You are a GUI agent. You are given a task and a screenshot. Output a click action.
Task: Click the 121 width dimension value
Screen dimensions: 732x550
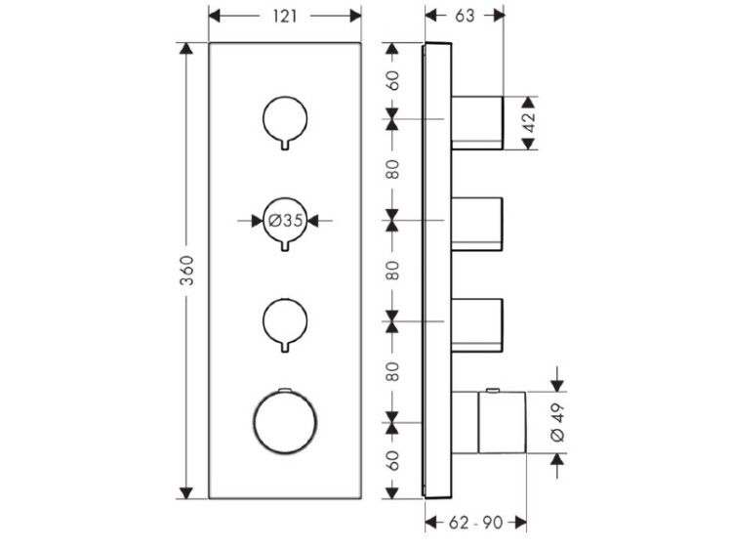pyautogui.click(x=284, y=17)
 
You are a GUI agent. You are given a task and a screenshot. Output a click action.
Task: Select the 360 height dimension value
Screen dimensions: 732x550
pyautogui.click(x=186, y=270)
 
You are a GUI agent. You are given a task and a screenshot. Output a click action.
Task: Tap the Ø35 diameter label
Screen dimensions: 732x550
pyautogui.click(x=286, y=220)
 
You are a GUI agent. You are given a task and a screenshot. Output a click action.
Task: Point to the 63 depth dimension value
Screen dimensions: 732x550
pyautogui.click(x=464, y=16)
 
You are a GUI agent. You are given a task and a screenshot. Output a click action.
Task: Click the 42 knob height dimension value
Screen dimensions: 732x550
pyautogui.click(x=529, y=123)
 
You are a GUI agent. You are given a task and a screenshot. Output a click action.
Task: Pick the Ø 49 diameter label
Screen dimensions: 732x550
pyautogui.click(x=557, y=423)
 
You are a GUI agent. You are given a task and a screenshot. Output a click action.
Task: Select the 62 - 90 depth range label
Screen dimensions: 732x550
pyautogui.click(x=475, y=523)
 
